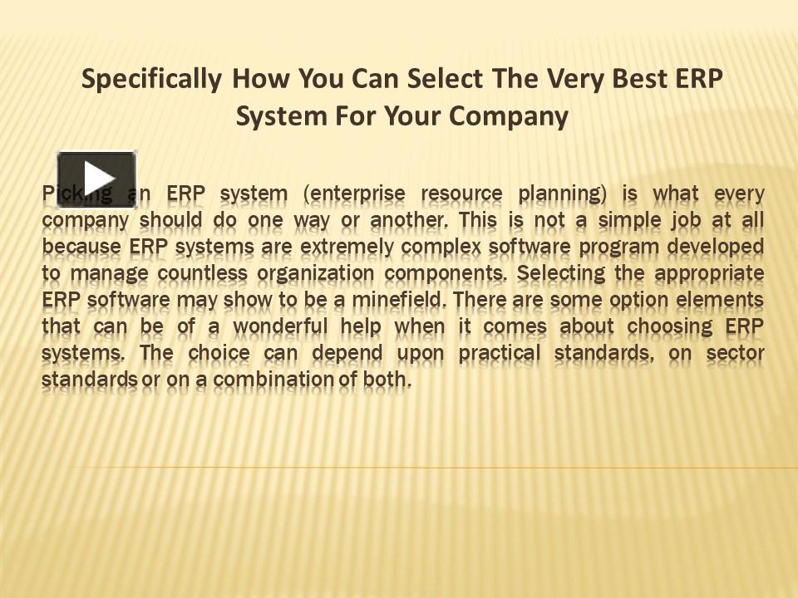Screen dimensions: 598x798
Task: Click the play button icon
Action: pos(96,179)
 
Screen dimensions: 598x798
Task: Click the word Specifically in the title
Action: pos(151,79)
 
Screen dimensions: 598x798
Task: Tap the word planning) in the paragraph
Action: pos(562,194)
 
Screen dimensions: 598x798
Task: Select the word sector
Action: pos(736,353)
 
